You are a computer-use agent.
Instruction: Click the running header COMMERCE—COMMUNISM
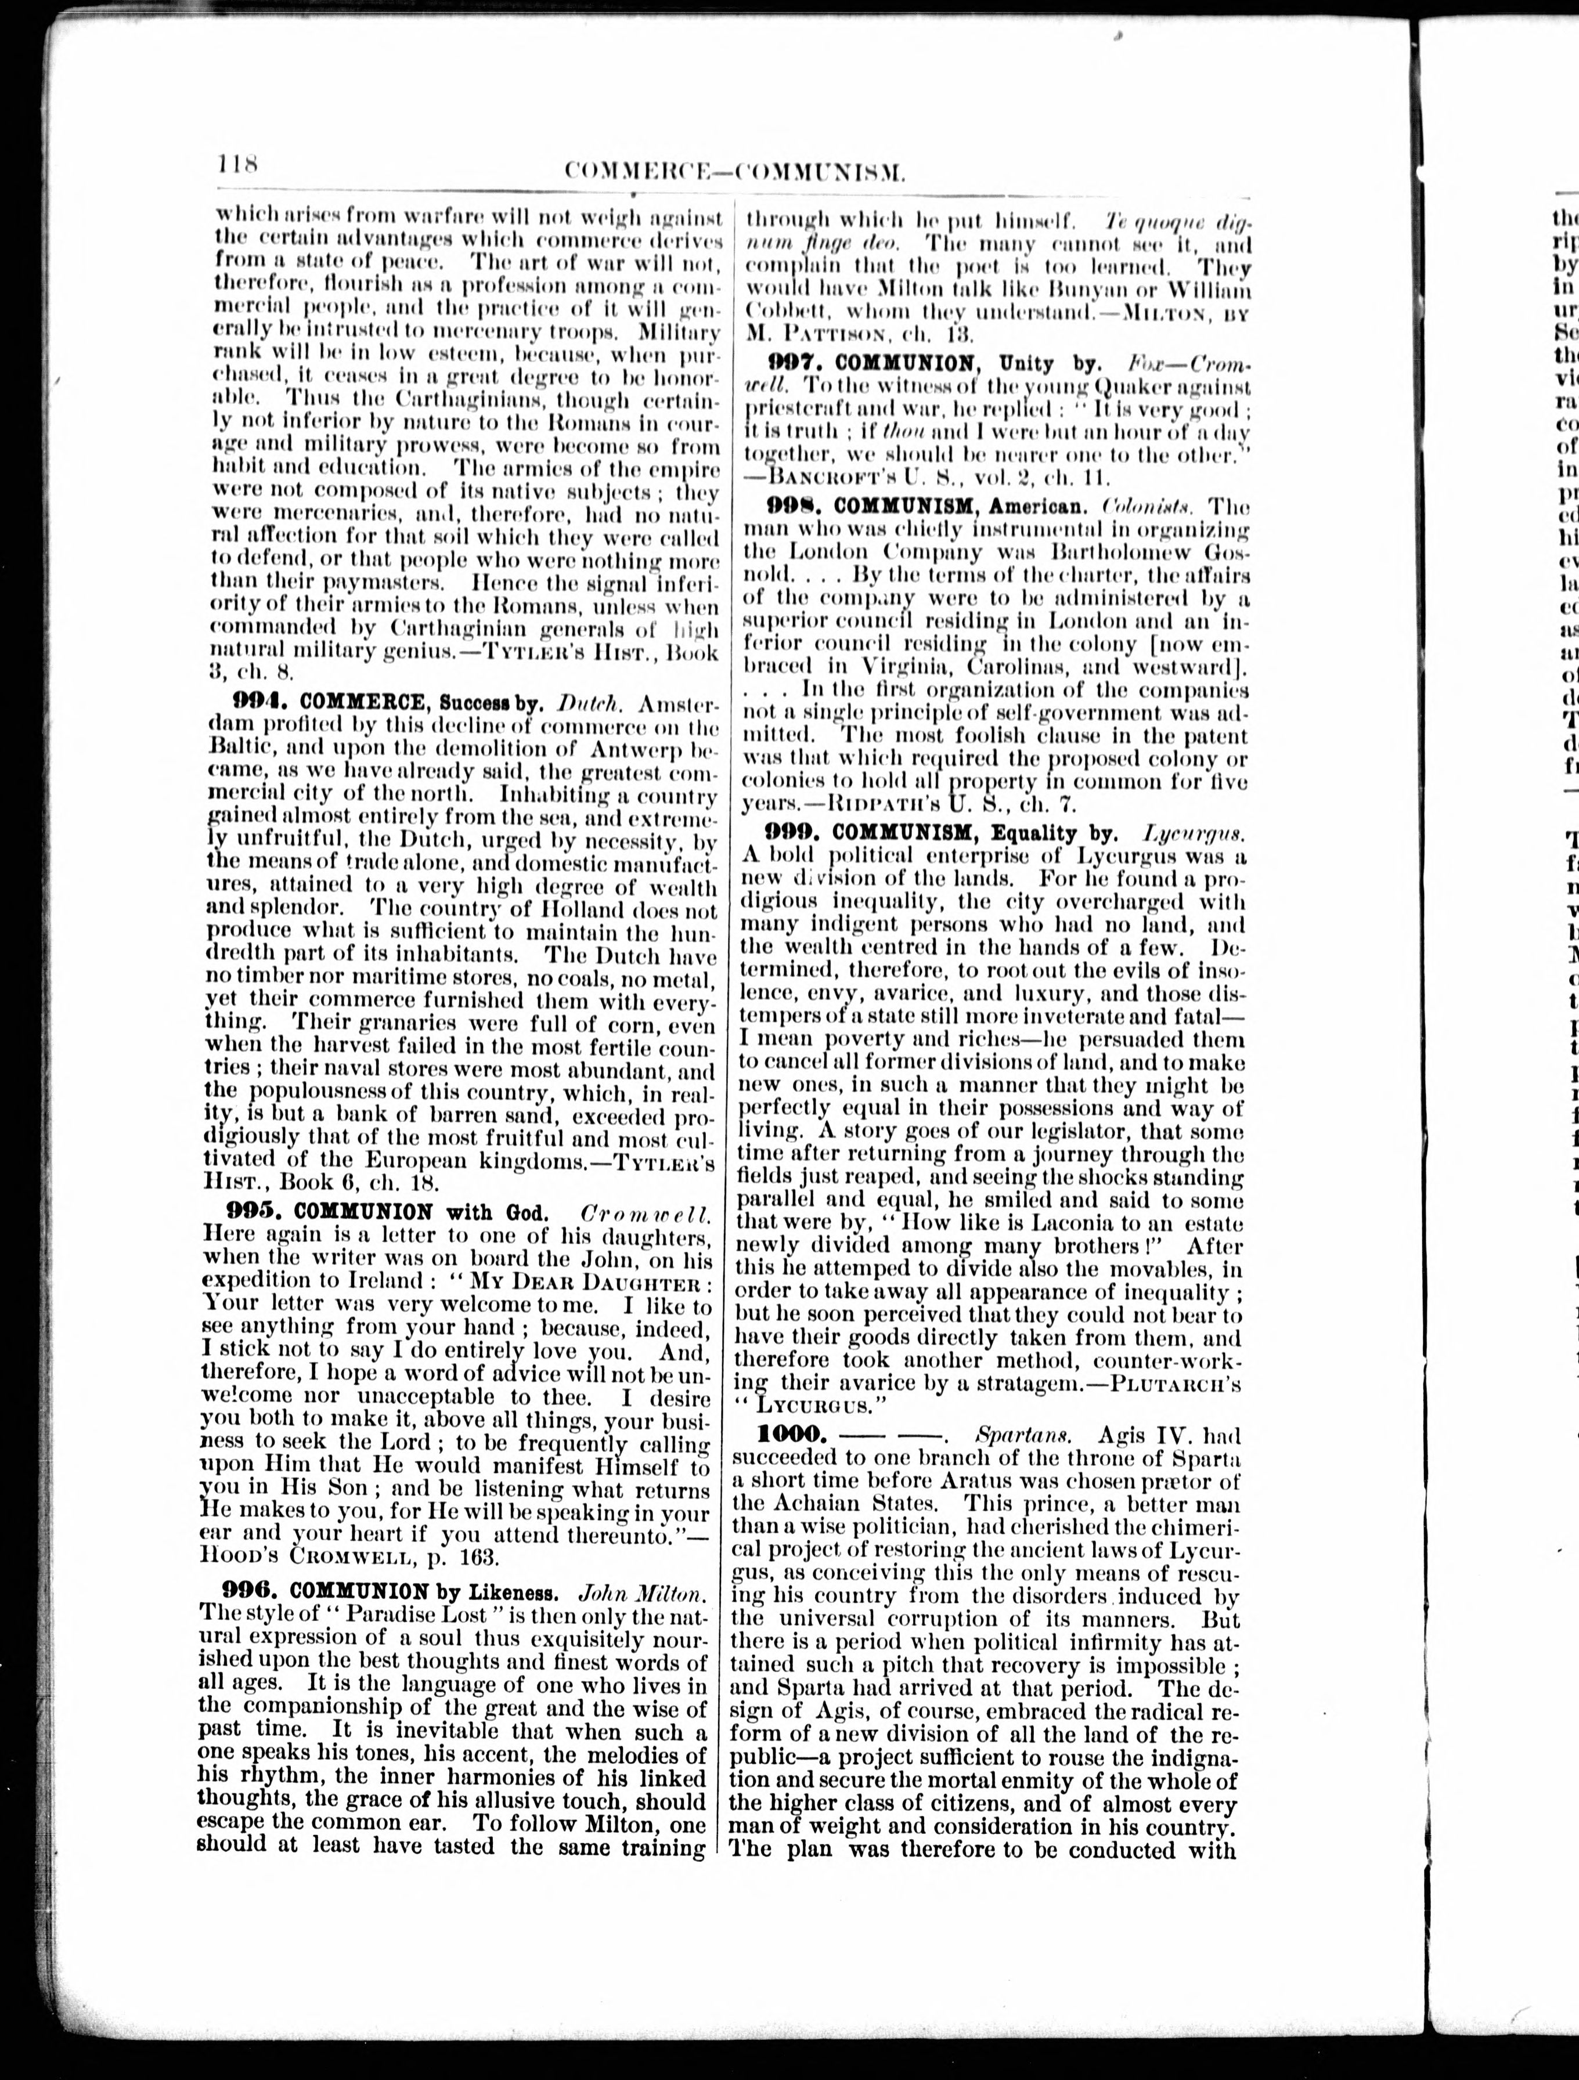[x=736, y=170]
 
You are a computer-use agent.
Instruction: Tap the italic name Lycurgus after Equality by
[x=1194, y=832]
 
